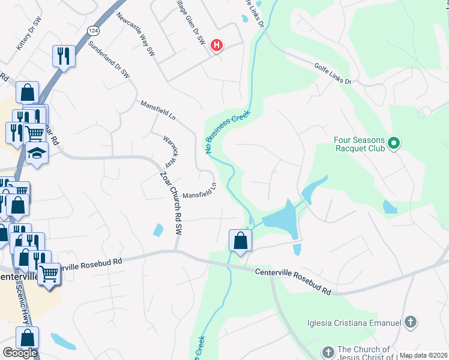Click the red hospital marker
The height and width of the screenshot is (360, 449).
[x=217, y=44]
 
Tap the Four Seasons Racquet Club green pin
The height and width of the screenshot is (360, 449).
[x=394, y=143]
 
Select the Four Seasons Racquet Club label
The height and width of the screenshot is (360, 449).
[x=359, y=144]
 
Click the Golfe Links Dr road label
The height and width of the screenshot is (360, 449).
[x=331, y=77]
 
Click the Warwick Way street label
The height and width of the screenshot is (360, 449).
[x=171, y=152]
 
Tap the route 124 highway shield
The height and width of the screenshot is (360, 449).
[x=92, y=30]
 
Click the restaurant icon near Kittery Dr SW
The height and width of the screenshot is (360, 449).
[x=63, y=56]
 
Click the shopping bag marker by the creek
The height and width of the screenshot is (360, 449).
[x=240, y=241]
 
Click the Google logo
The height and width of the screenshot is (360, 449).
[x=20, y=353]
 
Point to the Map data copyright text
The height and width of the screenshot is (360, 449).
[x=423, y=355]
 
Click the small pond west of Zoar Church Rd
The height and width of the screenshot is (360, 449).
[x=158, y=229]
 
